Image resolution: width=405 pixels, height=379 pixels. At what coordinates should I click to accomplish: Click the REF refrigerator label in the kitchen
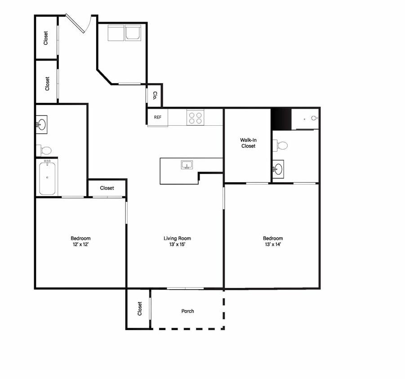coord(158,117)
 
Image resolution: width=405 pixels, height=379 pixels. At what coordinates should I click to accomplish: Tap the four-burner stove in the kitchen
coord(195,118)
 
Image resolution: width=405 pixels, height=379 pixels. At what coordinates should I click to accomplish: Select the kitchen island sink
coord(187,165)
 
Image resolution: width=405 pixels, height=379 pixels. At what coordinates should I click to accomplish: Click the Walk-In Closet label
coord(248,143)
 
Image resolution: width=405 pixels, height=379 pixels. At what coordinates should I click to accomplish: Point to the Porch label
coord(187,311)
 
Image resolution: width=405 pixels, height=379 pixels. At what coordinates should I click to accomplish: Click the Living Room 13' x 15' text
coord(177,241)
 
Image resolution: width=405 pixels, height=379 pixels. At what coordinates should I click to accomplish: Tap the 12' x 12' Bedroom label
coord(80,241)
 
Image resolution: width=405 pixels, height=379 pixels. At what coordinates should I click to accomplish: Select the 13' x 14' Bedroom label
coord(273,241)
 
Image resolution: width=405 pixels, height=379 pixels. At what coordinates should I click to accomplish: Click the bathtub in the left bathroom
coord(47,178)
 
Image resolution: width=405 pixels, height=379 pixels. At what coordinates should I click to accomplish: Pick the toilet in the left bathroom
coord(44,150)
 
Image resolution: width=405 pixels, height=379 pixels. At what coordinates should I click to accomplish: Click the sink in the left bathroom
coord(41,125)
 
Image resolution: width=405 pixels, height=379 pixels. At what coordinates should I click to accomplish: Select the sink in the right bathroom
coord(278,169)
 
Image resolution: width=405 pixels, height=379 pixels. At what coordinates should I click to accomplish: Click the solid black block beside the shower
coord(281,119)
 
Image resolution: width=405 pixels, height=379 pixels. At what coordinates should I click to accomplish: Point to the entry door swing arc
coord(88,25)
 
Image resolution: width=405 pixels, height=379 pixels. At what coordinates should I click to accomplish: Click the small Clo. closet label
coord(155,96)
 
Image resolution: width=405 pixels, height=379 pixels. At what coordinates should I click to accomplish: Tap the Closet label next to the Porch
coord(139,308)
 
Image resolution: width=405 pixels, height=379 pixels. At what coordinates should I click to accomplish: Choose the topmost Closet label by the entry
coord(45,38)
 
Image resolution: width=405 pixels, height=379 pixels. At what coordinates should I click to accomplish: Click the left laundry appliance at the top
coord(116,33)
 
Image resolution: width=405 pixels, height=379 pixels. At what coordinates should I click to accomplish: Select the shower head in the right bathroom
coord(314,118)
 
